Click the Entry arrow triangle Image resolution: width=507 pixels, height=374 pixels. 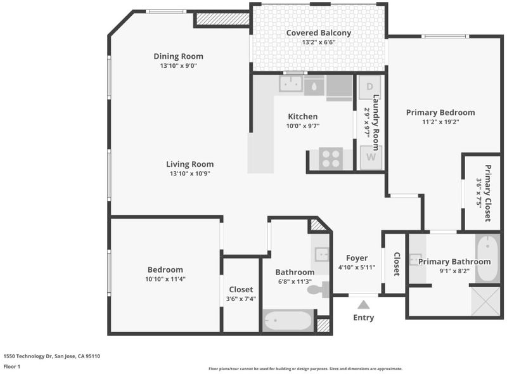point(363,305)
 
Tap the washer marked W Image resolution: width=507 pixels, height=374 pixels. point(371,157)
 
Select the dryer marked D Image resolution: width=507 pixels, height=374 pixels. point(370,87)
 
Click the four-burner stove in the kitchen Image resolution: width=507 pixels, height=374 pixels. point(331,158)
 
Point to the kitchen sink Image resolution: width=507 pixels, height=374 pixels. point(292,84)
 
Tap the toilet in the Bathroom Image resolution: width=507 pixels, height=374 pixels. point(318,290)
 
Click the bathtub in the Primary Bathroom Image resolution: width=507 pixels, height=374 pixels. point(487,258)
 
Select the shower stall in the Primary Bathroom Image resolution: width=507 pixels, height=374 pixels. point(485,301)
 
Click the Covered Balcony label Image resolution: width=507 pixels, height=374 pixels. point(319,33)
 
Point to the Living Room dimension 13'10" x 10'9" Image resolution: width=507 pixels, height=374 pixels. point(190,174)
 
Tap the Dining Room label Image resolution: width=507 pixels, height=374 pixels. point(179,56)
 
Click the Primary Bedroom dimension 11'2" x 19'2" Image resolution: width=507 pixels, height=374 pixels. point(440,122)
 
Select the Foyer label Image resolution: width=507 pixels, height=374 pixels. point(357,258)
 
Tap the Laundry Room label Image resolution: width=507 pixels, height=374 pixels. point(376,122)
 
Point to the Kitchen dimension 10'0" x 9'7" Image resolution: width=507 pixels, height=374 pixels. point(303,126)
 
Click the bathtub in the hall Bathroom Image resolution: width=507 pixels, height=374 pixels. point(288,321)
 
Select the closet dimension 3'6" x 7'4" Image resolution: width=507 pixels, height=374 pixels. point(241,299)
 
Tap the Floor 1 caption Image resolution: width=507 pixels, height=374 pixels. point(12,366)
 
